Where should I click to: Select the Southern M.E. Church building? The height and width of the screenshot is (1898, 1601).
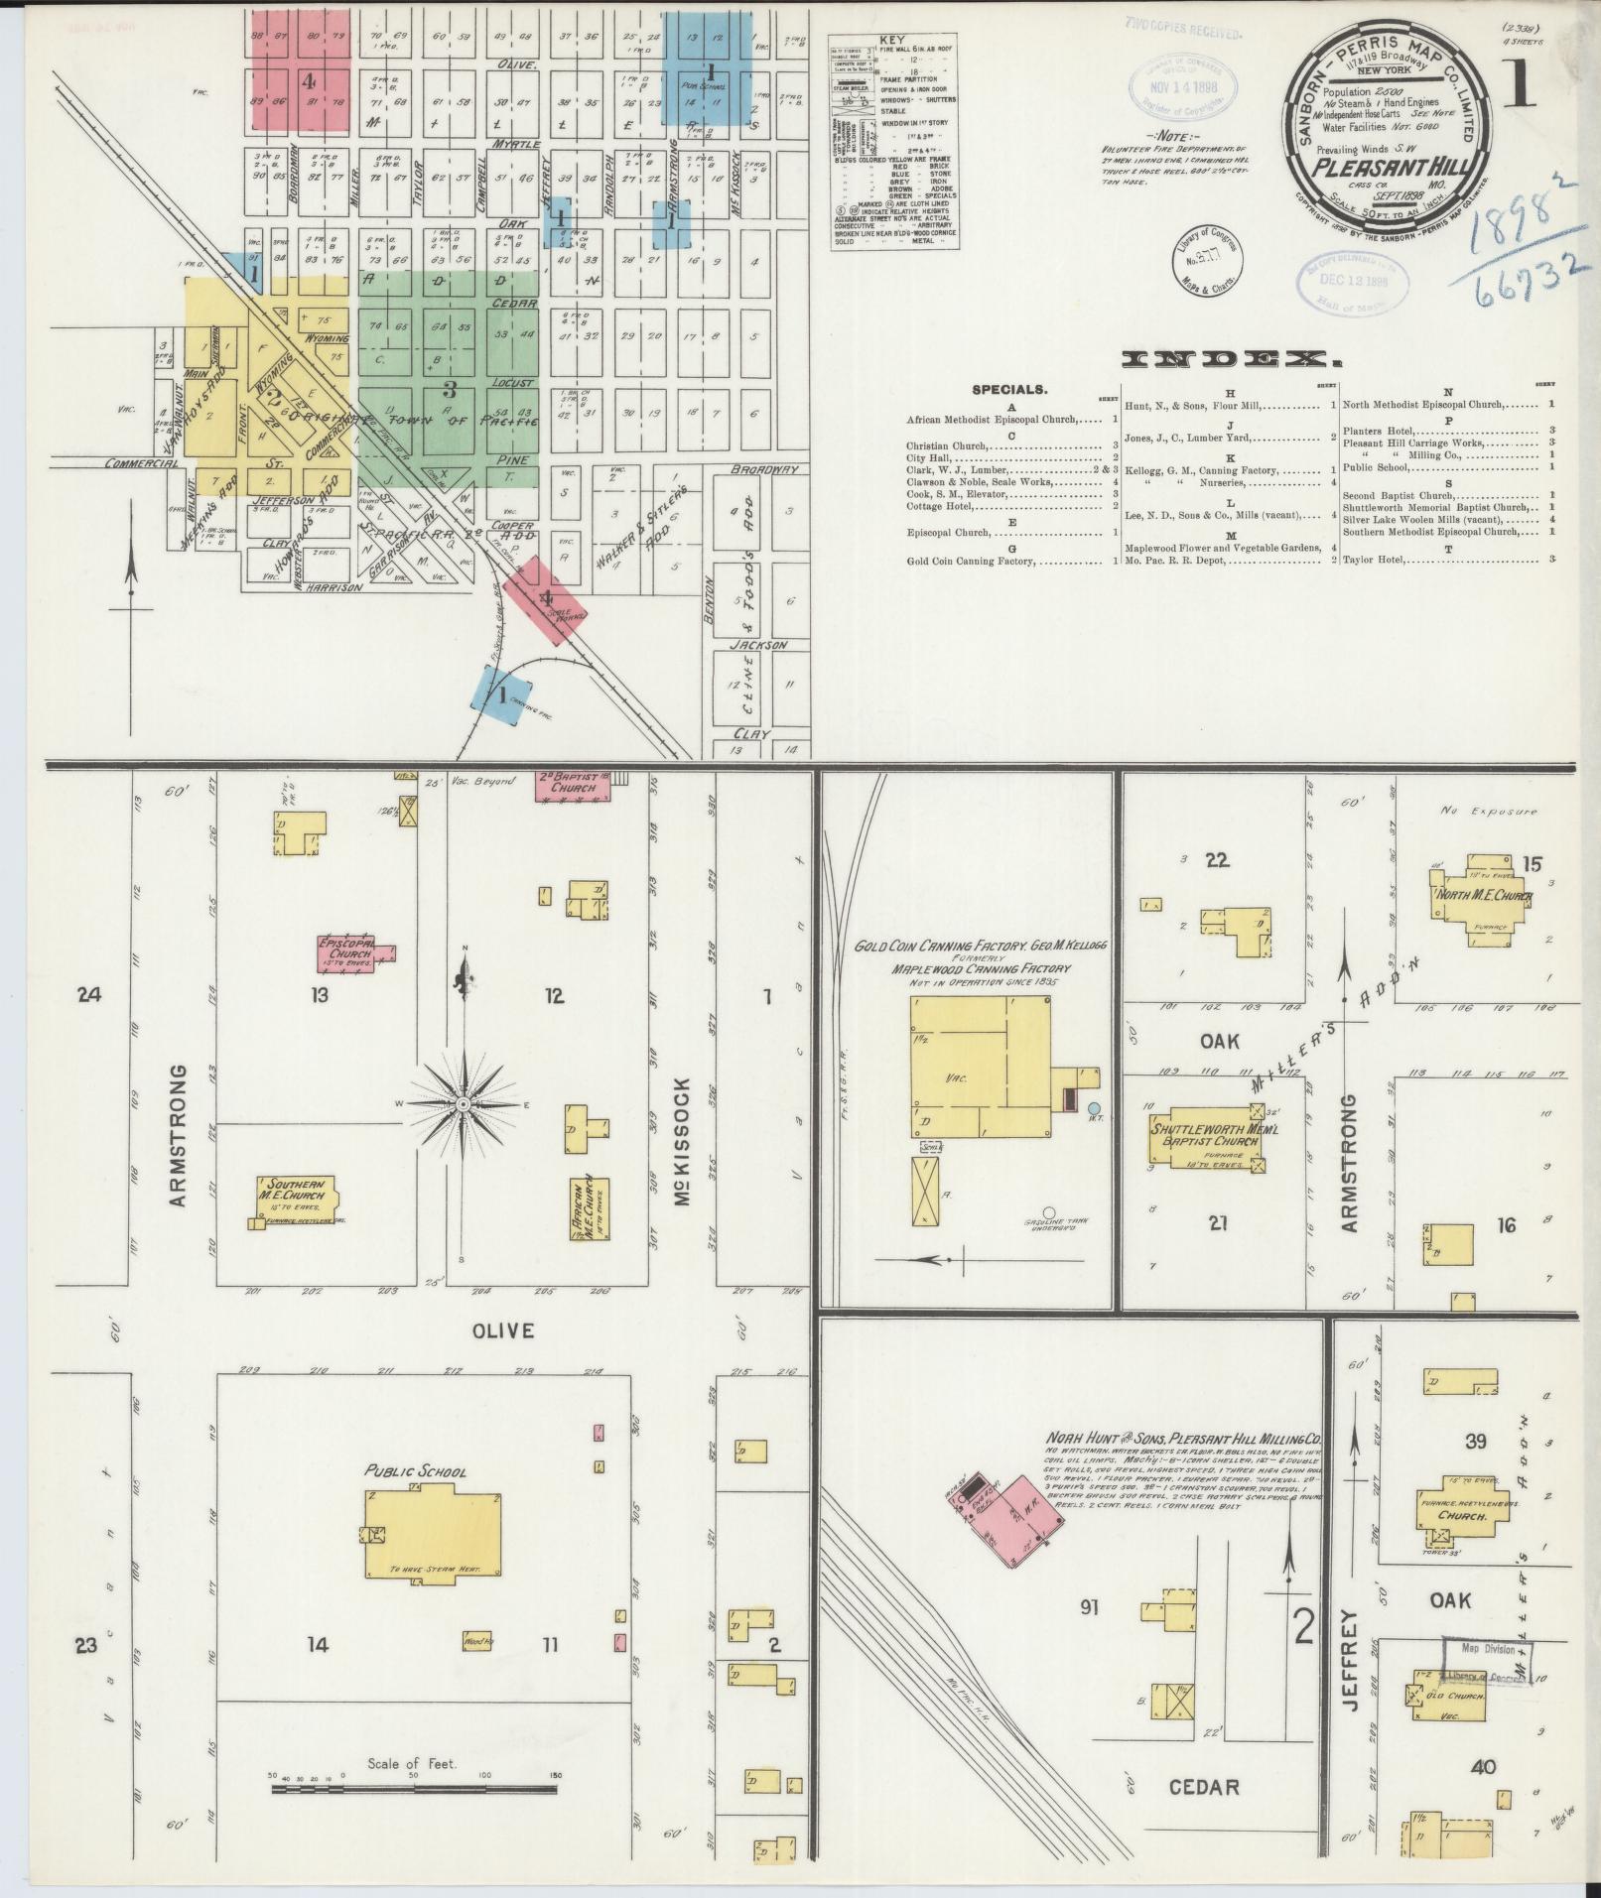pos(296,1201)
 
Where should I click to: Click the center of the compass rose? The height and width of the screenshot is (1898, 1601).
pos(464,1103)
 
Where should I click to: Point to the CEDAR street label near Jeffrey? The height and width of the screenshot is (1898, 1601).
pos(1203,1787)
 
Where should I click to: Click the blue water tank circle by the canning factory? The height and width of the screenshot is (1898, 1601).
pos(1094,1106)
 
